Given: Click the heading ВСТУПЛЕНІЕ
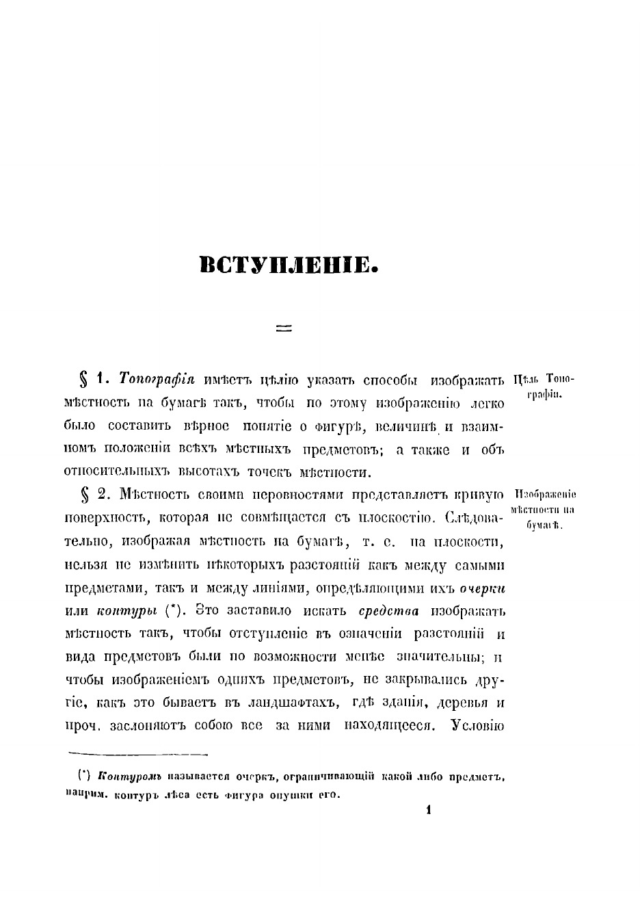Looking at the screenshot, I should point(289,265).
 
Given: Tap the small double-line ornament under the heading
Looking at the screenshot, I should point(284,329).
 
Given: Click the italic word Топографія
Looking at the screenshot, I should point(157,379).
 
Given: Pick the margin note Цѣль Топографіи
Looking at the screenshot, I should point(544,387).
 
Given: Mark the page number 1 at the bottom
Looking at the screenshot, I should point(429,811).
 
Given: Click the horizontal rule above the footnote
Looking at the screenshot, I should point(137,754).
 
